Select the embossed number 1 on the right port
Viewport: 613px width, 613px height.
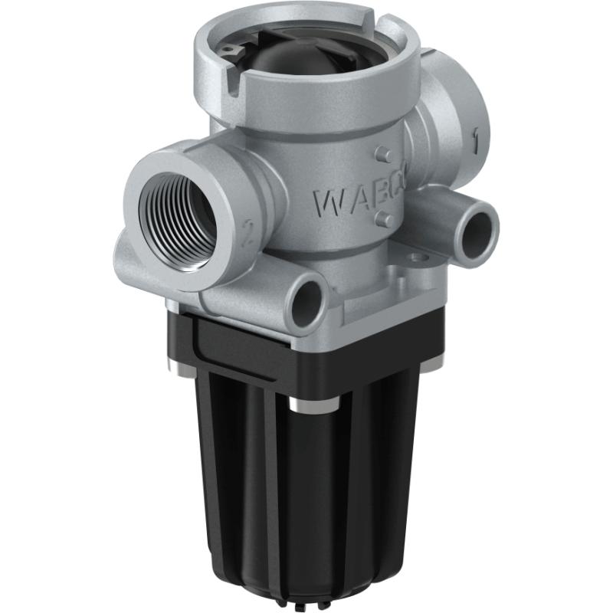pyautogui.click(x=476, y=139)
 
